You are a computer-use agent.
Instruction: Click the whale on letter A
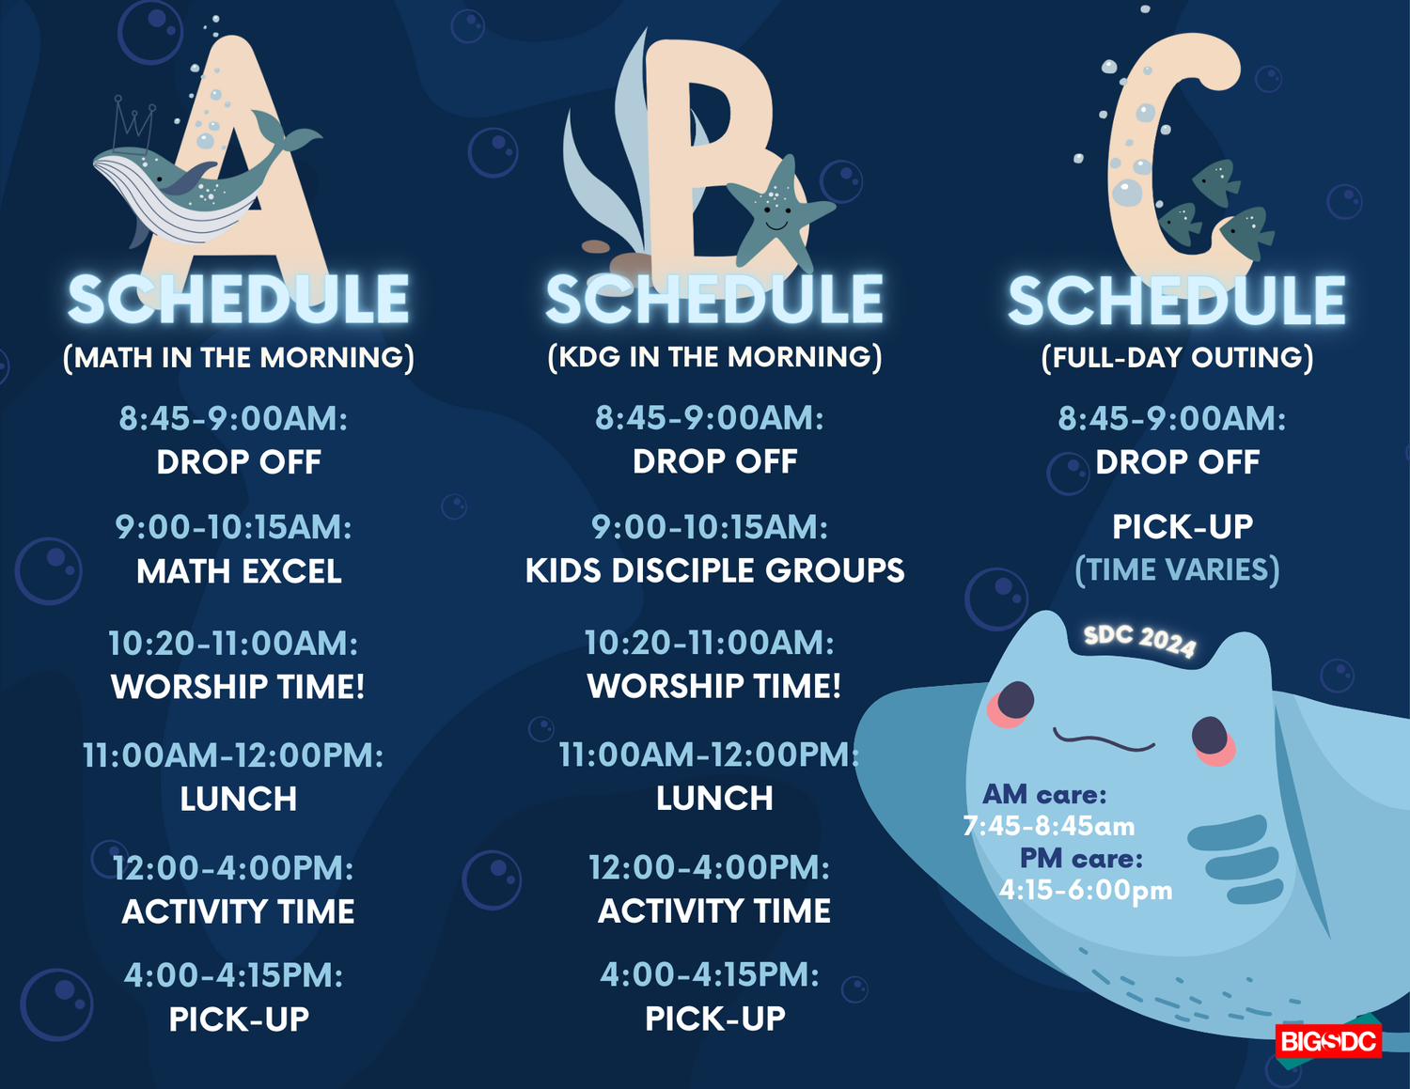click(x=188, y=188)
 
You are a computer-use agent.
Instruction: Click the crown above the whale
click(x=133, y=122)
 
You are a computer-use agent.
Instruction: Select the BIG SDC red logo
click(x=1328, y=1041)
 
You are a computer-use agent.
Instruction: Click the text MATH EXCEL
click(x=239, y=571)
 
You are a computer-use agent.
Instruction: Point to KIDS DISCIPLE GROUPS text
click(x=714, y=570)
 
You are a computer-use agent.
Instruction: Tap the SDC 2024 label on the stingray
click(x=1139, y=640)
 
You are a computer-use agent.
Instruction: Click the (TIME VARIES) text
click(x=1177, y=569)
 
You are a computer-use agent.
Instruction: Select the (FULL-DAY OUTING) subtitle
click(x=1177, y=358)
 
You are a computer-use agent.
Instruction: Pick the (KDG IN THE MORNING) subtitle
click(x=714, y=357)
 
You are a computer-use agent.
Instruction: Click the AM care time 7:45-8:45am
click(x=1049, y=827)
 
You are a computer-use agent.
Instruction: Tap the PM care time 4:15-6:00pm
click(x=1086, y=890)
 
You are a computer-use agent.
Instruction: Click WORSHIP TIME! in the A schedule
click(x=238, y=687)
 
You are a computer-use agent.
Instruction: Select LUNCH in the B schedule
click(x=714, y=799)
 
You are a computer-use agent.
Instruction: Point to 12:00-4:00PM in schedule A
click(x=233, y=868)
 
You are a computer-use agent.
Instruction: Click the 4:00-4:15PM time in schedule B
click(x=710, y=975)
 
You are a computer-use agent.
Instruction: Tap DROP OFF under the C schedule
click(x=1177, y=462)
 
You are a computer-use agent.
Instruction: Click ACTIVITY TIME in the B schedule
click(x=714, y=911)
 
